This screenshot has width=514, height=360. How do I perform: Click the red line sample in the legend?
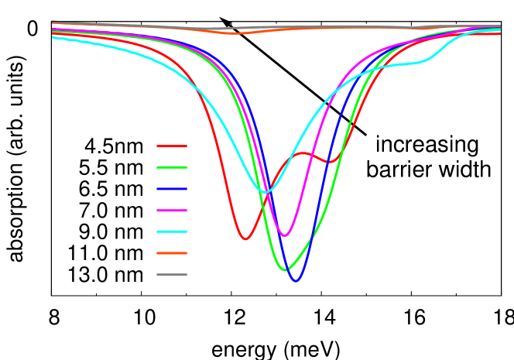tap(171, 146)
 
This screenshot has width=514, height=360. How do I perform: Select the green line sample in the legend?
tap(171, 167)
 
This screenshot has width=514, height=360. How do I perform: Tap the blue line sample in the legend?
tap(171, 189)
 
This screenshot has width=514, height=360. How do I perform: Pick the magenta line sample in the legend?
tap(171, 211)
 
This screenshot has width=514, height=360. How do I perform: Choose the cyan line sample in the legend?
tap(171, 231)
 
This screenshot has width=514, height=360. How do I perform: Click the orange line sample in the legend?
tap(171, 253)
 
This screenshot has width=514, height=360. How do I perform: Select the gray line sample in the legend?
tap(171, 275)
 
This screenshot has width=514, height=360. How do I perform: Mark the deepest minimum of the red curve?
tap(245, 239)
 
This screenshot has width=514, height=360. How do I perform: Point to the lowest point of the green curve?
tap(284, 269)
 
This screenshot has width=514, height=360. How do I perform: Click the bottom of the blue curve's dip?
tap(296, 281)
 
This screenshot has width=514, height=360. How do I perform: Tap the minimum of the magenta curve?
tap(285, 235)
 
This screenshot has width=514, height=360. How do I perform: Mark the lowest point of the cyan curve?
tap(266, 192)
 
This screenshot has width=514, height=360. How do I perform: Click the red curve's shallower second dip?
tap(330, 162)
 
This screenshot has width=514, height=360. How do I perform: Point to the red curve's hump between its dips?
tap(303, 153)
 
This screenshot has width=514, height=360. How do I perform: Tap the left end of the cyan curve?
tap(53, 36)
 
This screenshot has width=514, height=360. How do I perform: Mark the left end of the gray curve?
tap(53, 22)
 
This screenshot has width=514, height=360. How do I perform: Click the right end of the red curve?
tap(500, 33)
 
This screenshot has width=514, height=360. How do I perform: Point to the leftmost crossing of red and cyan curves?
tap(200, 91)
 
